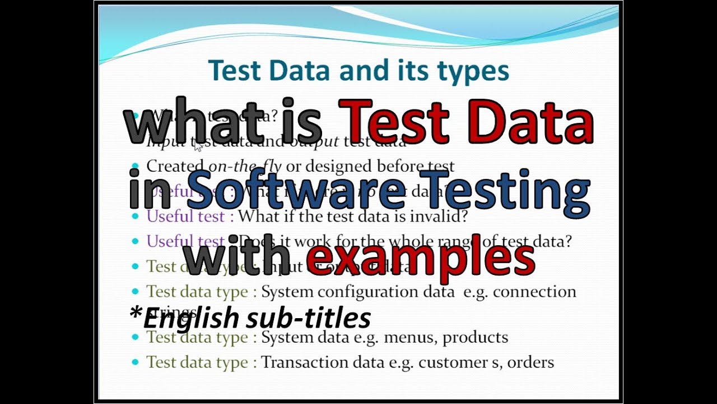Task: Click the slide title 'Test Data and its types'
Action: point(358,71)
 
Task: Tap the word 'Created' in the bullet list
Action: point(175,166)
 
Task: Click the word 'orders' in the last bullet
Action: point(530,362)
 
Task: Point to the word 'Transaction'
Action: point(306,362)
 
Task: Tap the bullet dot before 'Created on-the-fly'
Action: point(134,167)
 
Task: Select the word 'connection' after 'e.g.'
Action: point(534,292)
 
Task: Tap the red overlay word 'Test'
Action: point(398,122)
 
